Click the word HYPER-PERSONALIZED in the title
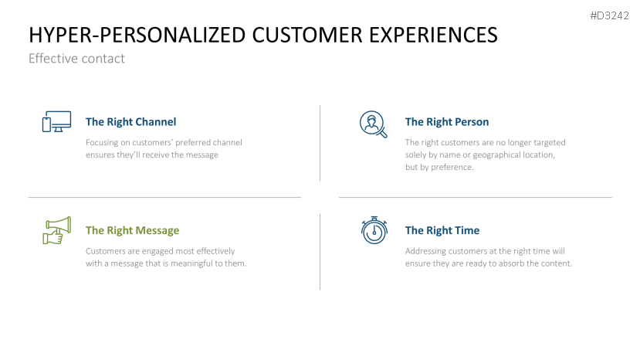pos(137,35)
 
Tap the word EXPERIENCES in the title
pos(433,35)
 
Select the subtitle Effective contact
pos(76,59)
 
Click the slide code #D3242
pos(609,16)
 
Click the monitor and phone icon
pos(56,121)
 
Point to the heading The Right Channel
pos(131,122)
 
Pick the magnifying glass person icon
pos(373,124)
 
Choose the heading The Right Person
pos(447,122)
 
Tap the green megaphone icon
pos(56,230)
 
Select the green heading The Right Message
pos(132,230)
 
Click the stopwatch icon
pos(374,230)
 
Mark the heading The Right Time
pos(442,230)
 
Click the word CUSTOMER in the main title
pos(307,35)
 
